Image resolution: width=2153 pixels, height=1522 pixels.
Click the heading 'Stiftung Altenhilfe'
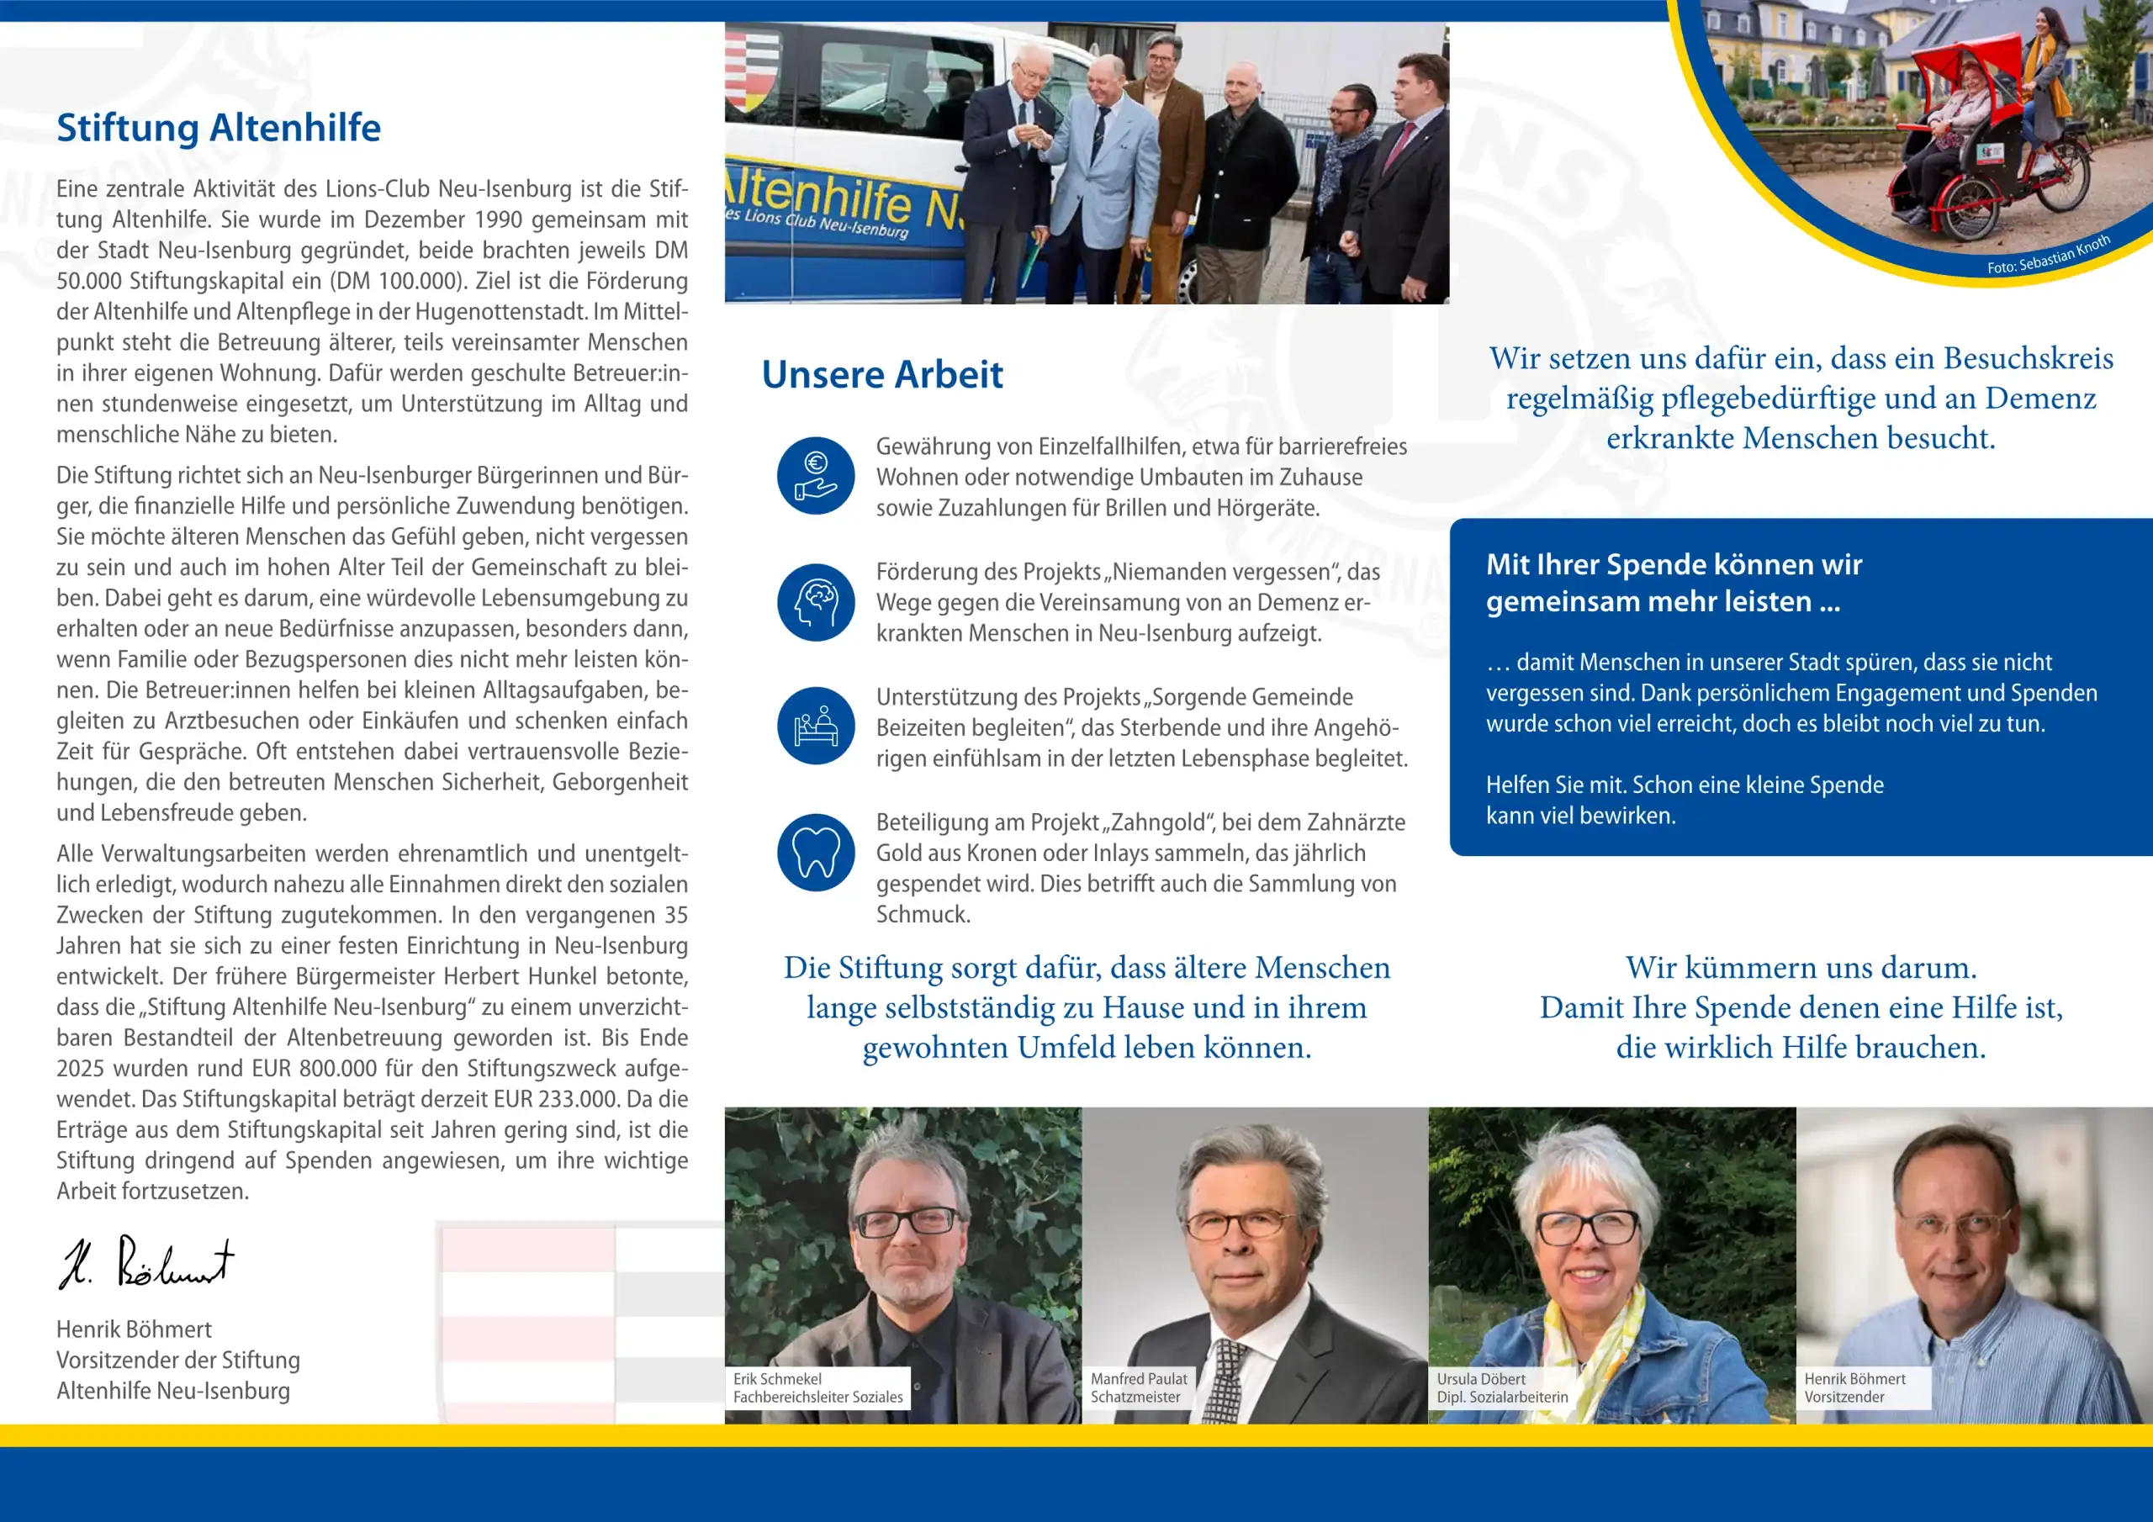point(219,129)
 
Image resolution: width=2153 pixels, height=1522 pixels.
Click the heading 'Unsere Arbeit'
point(881,374)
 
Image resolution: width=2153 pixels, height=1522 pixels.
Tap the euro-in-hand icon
point(815,475)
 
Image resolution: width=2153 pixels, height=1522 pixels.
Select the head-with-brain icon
point(815,602)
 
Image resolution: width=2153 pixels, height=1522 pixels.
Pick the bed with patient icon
point(815,726)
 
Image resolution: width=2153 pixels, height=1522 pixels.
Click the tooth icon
point(815,852)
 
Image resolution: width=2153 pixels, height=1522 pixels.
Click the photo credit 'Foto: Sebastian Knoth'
point(2048,255)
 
